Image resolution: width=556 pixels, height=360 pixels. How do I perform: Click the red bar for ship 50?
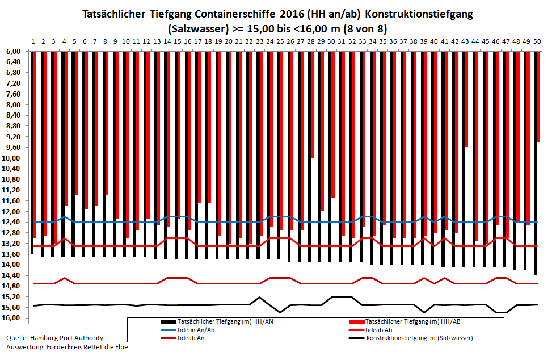pos(538,97)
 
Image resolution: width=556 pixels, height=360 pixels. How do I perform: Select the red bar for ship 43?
pos(466,99)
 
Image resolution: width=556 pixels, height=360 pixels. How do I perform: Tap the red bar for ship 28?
pos(313,104)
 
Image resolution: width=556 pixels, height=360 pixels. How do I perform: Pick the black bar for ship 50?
pos(536,164)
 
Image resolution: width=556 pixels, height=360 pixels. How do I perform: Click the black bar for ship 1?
pos(32,153)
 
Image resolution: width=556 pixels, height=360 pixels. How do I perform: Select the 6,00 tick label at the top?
pos(12,52)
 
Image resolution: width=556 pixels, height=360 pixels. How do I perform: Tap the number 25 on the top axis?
pos(280,41)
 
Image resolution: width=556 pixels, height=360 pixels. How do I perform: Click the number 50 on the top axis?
pos(537,41)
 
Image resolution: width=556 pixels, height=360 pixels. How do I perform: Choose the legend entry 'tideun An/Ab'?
pos(188,330)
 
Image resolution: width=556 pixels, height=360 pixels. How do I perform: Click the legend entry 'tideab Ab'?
pos(370,330)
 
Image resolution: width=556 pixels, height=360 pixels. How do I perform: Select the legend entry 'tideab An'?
pos(183,338)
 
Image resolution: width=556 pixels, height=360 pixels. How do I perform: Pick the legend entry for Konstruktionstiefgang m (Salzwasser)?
pos(411,338)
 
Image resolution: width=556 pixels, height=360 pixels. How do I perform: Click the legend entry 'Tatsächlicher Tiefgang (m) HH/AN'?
pos(217,321)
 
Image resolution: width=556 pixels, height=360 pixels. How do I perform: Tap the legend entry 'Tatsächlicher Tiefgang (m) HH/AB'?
pos(405,321)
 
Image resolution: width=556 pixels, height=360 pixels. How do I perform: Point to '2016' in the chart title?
pos(292,14)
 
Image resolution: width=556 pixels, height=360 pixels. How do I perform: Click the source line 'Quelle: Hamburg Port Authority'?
pos(55,338)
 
